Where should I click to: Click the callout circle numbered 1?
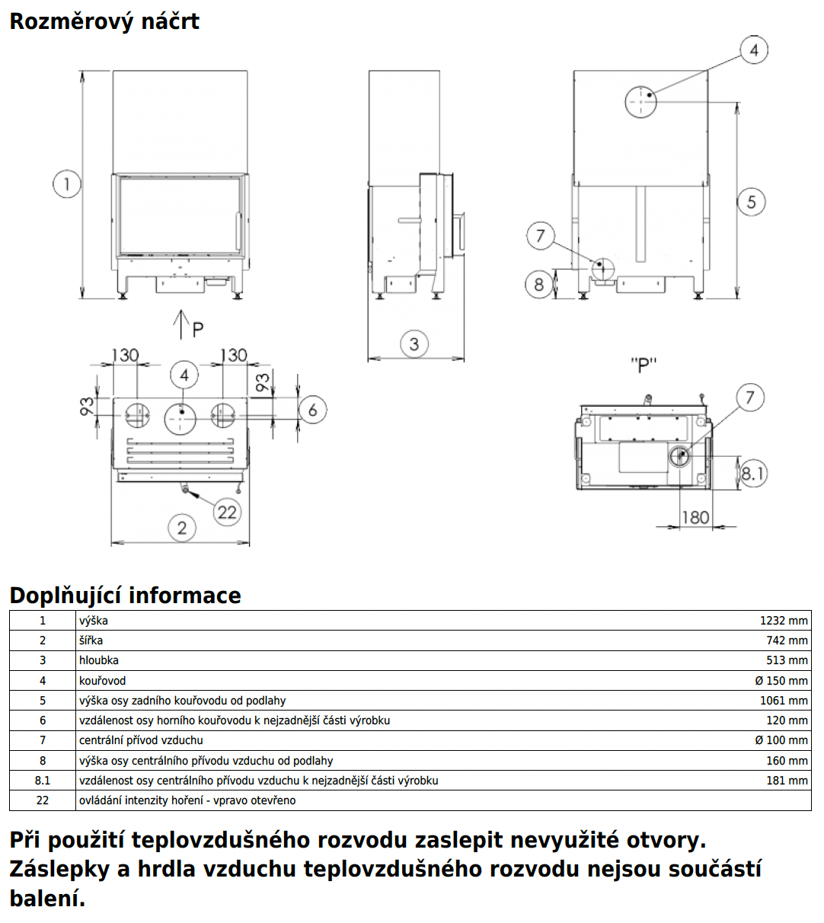point(67,184)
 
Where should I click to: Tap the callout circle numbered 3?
point(414,344)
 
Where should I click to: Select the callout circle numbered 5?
point(751,202)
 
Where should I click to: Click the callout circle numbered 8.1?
point(752,474)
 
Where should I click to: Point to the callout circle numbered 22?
point(227,512)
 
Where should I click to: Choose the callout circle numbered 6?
point(312,410)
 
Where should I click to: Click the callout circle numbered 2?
point(181,528)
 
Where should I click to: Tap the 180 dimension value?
point(695,518)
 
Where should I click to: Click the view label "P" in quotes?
point(644,366)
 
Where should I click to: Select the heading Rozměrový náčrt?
point(104,21)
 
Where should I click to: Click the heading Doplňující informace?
point(125,595)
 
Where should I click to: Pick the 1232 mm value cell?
point(783,621)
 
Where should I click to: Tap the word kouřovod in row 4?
point(102,681)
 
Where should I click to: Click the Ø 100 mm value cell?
point(781,740)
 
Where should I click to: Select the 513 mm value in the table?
point(787,660)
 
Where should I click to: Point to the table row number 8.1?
point(43,781)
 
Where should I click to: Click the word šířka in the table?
point(91,640)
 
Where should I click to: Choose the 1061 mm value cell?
point(783,701)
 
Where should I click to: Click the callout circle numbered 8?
point(539,285)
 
